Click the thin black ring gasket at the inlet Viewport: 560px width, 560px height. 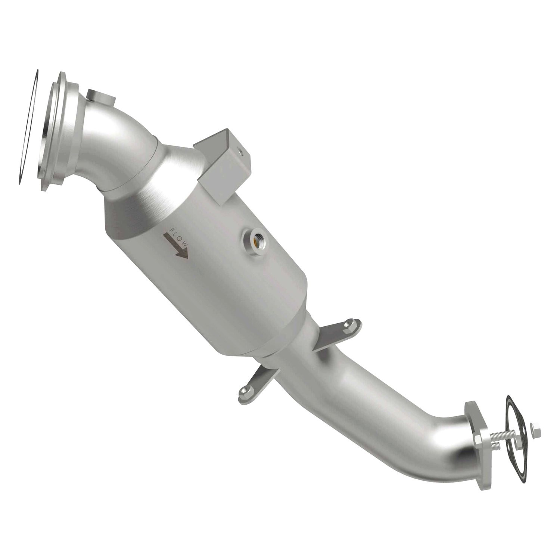28,127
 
